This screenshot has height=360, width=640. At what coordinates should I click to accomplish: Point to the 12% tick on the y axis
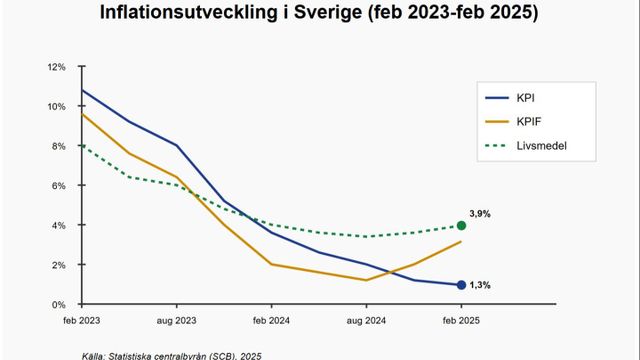(56, 67)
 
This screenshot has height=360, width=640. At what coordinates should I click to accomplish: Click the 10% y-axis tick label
(56, 107)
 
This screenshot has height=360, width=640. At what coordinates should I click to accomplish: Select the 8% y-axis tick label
(59, 146)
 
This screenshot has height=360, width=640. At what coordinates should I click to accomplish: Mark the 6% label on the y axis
(59, 186)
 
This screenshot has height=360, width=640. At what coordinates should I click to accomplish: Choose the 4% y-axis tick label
(59, 225)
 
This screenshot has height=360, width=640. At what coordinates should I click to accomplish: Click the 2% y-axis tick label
(59, 265)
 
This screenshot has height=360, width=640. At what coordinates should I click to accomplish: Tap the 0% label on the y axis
(59, 304)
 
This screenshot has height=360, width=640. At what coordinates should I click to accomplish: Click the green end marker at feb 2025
(461, 226)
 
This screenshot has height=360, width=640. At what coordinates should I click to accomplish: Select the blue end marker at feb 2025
(461, 285)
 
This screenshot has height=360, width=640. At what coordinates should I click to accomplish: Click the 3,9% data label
(480, 213)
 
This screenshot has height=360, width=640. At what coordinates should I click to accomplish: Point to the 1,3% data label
(480, 286)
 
